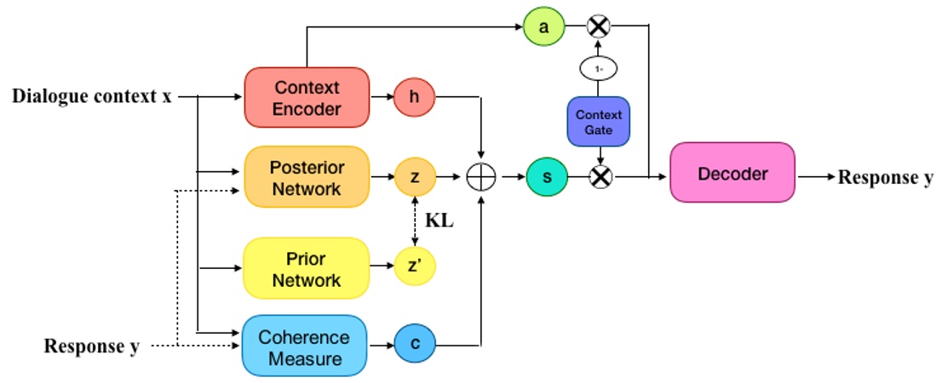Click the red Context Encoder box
click(x=307, y=98)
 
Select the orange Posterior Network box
click(x=307, y=177)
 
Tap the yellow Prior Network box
click(x=307, y=269)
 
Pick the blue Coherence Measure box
click(x=304, y=346)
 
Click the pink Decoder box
click(x=732, y=174)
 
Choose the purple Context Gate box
click(x=599, y=121)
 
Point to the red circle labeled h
click(x=415, y=98)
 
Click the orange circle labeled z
click(x=415, y=177)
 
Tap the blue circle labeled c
click(x=415, y=346)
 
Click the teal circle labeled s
click(x=546, y=177)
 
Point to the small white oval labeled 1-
click(x=599, y=68)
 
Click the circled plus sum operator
click(x=481, y=177)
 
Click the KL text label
click(x=439, y=221)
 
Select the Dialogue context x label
click(x=91, y=96)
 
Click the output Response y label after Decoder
click(x=886, y=177)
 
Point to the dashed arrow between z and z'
click(x=415, y=223)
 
